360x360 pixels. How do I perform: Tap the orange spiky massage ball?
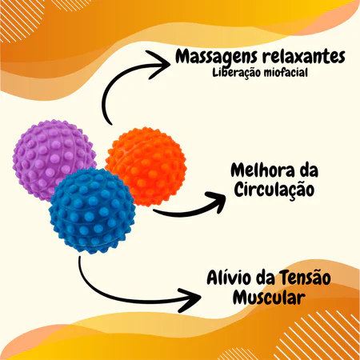click(x=146, y=166)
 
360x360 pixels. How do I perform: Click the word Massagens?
click(x=217, y=57)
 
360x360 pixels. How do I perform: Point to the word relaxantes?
click(x=304, y=56)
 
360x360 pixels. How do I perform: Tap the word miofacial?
click(x=284, y=72)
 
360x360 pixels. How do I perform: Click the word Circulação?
click(x=274, y=190)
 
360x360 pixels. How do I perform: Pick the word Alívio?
click(x=229, y=278)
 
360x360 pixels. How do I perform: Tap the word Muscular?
click(x=269, y=298)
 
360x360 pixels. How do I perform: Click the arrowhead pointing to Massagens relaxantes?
click(x=159, y=65)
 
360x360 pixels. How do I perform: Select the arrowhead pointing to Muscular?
click(x=190, y=300)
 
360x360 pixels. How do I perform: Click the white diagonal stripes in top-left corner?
click(x=22, y=18)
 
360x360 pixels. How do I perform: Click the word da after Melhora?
click(x=310, y=170)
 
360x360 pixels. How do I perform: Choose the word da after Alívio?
click(x=266, y=278)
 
